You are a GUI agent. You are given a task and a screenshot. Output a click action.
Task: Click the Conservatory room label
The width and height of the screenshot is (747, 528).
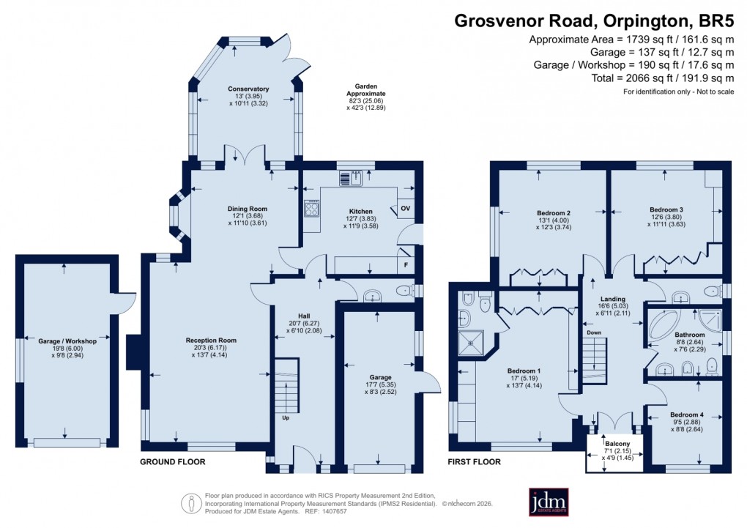click(x=248, y=89)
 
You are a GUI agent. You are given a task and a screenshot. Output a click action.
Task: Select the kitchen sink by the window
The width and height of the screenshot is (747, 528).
click(x=351, y=178)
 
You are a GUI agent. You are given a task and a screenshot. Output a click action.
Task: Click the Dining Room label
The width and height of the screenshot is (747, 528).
click(x=247, y=209)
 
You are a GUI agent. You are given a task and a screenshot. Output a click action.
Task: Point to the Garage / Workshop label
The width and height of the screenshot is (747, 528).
click(x=67, y=341)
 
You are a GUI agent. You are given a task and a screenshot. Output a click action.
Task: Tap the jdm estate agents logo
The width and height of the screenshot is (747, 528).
click(x=543, y=502)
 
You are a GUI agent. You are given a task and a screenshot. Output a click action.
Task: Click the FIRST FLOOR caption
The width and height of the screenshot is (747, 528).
click(x=475, y=462)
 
